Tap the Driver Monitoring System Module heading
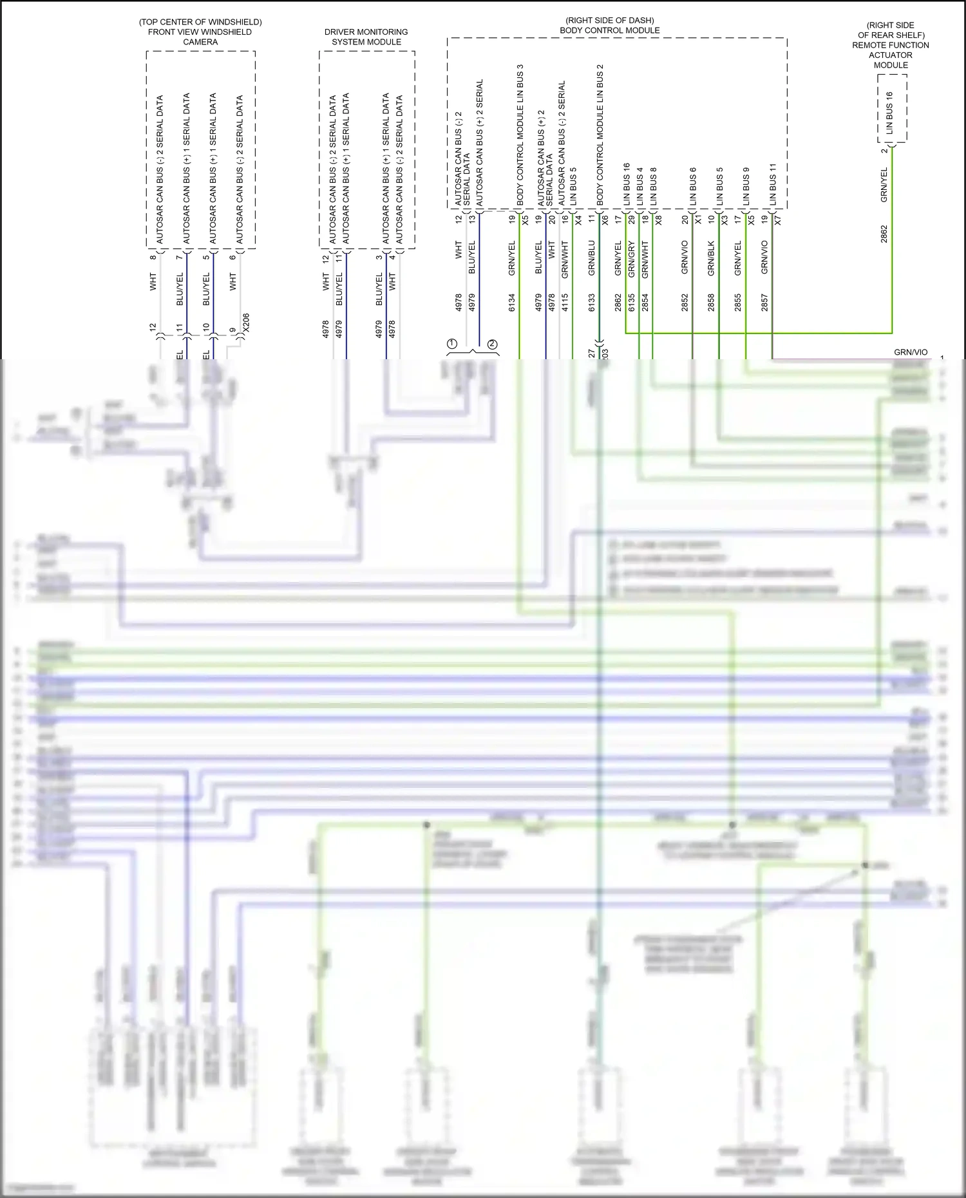tap(366, 37)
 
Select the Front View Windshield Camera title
tap(200, 32)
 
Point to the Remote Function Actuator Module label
tap(891, 45)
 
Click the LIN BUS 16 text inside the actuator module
tap(889, 113)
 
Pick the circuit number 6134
tap(512, 303)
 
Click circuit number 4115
tap(565, 303)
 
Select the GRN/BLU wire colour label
tap(592, 259)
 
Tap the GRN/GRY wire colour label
tap(632, 259)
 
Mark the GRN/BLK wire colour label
tap(711, 259)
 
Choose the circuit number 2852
tap(685, 303)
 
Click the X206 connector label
tap(245, 323)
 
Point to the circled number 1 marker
tap(452, 344)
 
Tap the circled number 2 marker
tap(493, 344)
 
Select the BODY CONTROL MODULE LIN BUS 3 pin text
tap(520, 135)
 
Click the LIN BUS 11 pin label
tap(773, 185)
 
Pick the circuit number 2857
tap(764, 303)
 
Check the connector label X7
tap(778, 220)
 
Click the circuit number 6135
tap(632, 303)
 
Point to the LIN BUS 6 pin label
tap(693, 187)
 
